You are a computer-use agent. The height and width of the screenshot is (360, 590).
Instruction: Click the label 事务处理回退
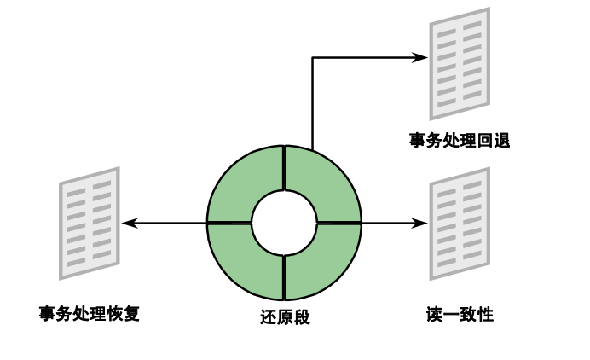point(459,141)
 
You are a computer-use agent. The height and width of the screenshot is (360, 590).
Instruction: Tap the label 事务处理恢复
point(89,313)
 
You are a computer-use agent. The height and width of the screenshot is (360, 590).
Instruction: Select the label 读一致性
point(460,315)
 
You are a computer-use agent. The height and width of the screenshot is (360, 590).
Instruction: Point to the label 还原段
point(284,317)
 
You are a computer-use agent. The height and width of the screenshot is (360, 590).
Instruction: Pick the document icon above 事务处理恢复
point(89,223)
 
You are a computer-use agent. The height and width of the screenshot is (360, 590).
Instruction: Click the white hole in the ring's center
point(284,223)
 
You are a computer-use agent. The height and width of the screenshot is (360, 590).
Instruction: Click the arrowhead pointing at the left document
point(128,223)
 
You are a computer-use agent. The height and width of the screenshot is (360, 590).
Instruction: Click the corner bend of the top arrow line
point(312,57)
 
